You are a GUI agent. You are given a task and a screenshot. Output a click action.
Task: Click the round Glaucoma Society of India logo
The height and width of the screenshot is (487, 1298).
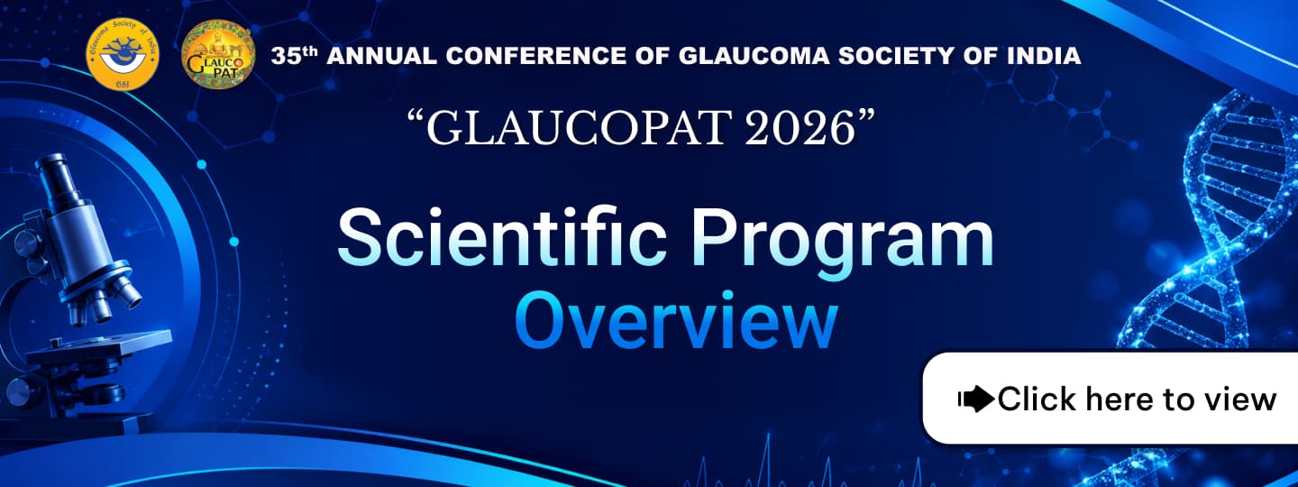[x=123, y=54]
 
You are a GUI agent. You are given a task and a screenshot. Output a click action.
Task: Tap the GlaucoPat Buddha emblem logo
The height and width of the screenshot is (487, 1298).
[x=218, y=54]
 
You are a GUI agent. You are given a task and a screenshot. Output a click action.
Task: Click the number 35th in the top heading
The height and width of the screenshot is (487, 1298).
[x=295, y=56]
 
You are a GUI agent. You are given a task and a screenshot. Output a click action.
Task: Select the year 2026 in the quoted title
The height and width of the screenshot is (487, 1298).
[x=800, y=127]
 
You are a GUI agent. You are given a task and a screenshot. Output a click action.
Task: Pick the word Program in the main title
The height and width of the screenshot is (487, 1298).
[x=842, y=243]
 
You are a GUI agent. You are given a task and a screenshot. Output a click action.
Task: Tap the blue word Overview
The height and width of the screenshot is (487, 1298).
[x=676, y=319]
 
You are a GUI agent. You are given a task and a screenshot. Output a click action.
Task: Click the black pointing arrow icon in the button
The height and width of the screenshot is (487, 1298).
[x=977, y=399]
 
